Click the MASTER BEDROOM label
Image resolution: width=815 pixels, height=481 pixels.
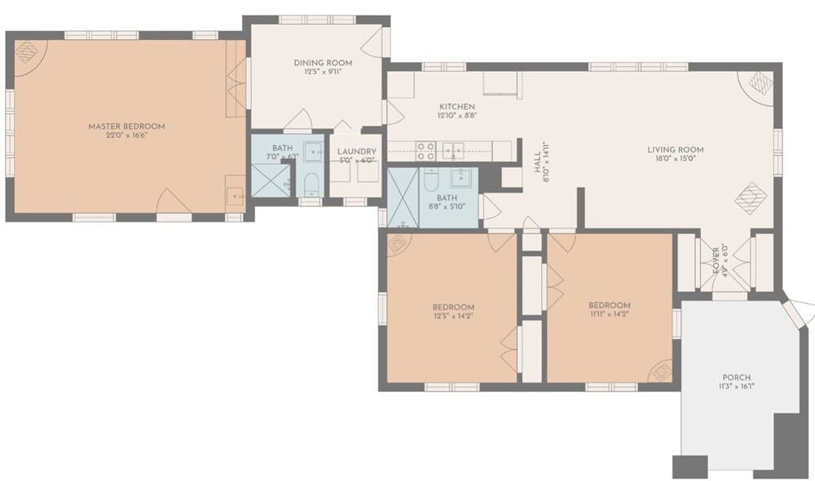(126, 126)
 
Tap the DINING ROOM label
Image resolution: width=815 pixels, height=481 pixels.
(322, 63)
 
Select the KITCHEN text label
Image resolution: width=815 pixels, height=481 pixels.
(457, 107)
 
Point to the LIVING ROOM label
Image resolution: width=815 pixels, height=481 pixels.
(676, 150)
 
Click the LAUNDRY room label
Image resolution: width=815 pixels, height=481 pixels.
(357, 151)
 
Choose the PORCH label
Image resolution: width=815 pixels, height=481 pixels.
(736, 377)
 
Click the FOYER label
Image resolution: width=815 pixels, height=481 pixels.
(716, 259)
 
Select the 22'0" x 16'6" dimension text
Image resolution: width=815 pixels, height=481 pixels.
(126, 135)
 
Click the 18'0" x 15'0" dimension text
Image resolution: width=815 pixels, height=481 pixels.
(676, 160)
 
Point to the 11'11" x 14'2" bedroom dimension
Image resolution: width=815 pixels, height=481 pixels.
(610, 313)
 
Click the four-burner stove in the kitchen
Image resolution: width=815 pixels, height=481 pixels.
(425, 151)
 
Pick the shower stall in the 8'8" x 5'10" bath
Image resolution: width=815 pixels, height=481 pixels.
(403, 197)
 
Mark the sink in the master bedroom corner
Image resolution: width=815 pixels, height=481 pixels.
(234, 196)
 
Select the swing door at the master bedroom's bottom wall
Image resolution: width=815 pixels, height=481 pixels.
(174, 201)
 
